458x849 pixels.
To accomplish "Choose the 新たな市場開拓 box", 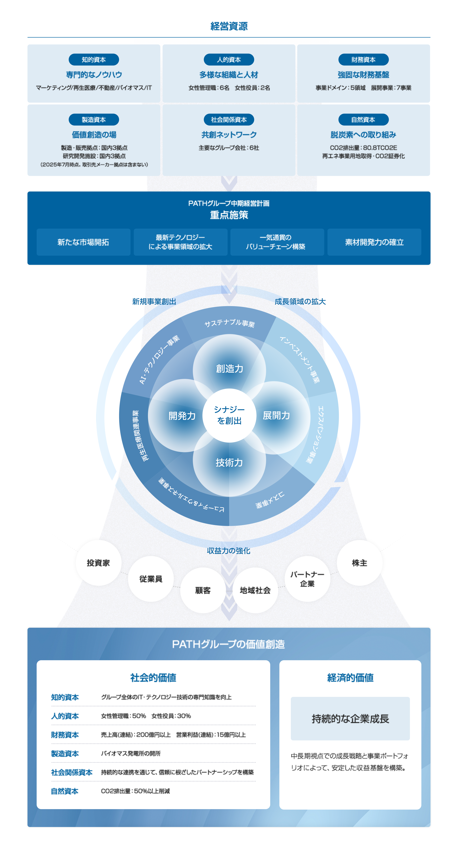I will click(x=83, y=242).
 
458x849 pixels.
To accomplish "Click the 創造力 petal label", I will click(x=229, y=369).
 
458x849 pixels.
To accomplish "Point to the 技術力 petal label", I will click(x=229, y=463).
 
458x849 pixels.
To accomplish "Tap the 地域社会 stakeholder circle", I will click(x=255, y=590).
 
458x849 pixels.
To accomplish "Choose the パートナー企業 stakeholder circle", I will click(x=307, y=579).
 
